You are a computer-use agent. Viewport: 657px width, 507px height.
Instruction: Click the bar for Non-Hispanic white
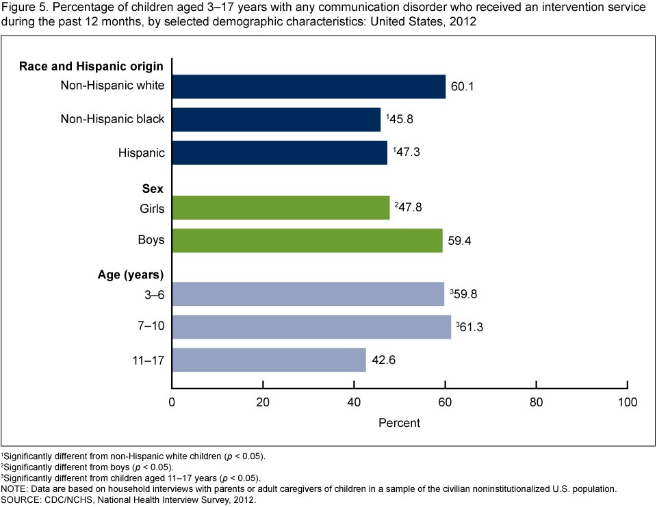point(308,86)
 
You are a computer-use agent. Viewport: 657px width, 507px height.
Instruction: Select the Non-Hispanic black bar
point(276,119)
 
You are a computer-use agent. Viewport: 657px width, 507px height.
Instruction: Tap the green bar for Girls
point(281,207)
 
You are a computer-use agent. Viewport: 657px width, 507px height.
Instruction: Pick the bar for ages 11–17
point(269,359)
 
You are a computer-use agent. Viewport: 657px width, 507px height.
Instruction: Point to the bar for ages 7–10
point(311,326)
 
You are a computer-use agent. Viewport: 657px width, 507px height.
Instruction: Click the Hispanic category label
point(142,153)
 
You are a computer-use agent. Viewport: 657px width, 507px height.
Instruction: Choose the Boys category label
point(151,241)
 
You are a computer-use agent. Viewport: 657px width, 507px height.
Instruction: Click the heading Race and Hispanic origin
point(91,66)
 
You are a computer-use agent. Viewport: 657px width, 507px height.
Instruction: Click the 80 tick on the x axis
point(536,402)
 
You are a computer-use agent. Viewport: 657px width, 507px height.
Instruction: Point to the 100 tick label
point(627,402)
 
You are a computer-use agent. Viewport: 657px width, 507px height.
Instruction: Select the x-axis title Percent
point(399,423)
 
